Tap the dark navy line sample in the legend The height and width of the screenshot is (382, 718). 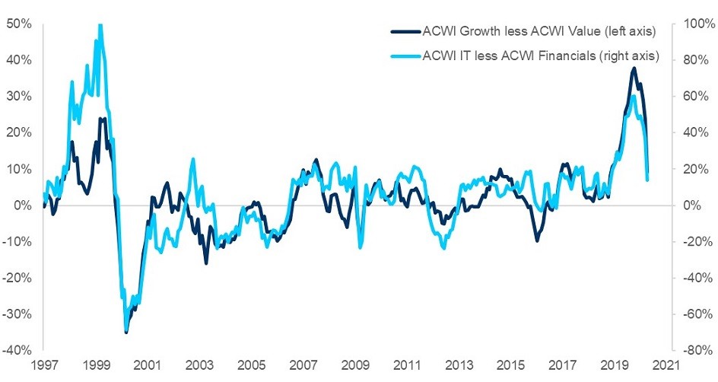click(x=404, y=31)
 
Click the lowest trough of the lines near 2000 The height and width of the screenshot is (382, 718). click(x=125, y=332)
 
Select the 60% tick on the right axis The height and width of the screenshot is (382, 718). click(x=697, y=97)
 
